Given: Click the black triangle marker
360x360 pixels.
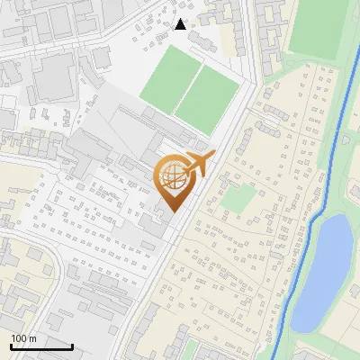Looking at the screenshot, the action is point(181,24).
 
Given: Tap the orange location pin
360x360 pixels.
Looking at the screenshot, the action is point(173,179).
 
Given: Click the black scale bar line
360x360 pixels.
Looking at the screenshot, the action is point(41,346).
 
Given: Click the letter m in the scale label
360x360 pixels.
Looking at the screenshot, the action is point(32,338).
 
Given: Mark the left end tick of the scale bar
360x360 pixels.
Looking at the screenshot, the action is point(11,345).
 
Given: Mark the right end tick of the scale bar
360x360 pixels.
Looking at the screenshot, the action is point(72,345).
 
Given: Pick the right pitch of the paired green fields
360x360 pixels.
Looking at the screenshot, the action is point(206,96).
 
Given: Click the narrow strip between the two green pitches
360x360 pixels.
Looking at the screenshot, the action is point(185,90).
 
